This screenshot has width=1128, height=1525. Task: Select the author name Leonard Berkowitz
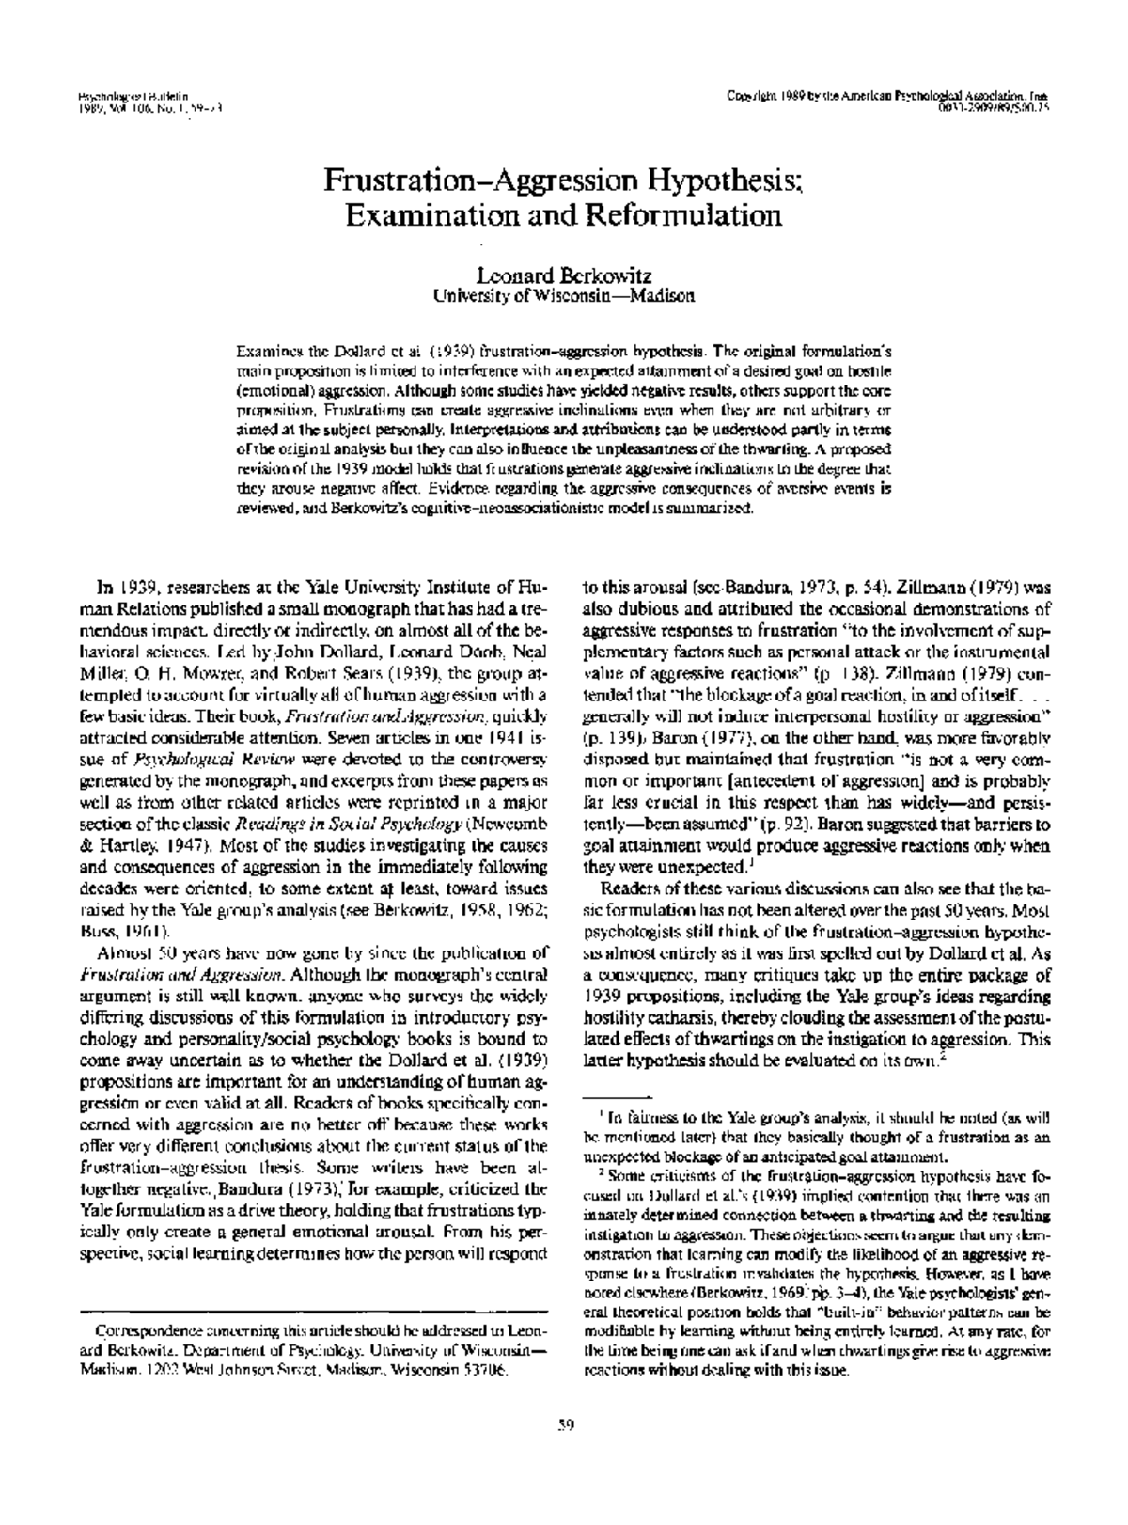563,276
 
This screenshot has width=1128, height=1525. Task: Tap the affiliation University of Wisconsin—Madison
563,295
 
